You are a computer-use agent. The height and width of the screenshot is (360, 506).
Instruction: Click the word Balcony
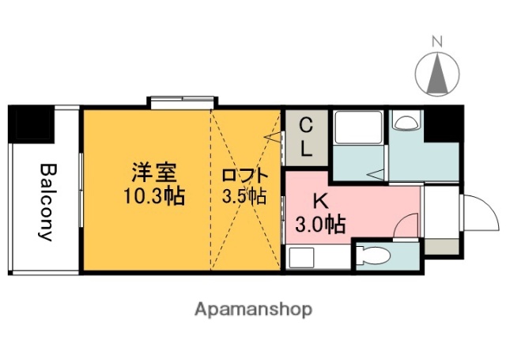[47, 203]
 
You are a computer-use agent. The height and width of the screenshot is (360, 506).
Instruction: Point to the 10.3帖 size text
[153, 195]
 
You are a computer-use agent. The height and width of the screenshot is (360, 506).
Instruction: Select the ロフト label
[244, 176]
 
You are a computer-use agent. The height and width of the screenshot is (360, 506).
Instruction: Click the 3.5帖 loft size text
[244, 196]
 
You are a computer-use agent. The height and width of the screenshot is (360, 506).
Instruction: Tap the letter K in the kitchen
[319, 202]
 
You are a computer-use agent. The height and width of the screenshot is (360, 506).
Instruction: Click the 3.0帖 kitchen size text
[319, 225]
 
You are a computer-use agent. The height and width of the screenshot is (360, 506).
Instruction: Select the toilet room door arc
[404, 229]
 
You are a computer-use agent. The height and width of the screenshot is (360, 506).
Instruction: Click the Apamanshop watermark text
[253, 308]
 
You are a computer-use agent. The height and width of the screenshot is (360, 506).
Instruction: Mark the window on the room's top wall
[181, 101]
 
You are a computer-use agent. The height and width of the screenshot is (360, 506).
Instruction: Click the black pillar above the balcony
[29, 123]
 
